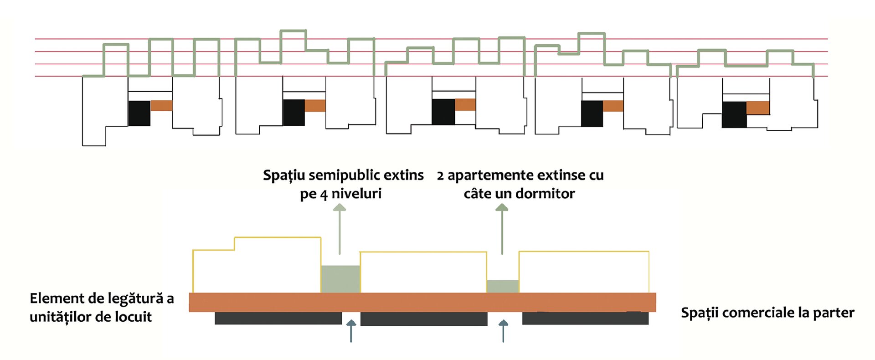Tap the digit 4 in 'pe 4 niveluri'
point(324,195)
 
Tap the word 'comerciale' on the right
point(759,313)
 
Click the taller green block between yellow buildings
point(340,279)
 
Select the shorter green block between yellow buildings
point(503,286)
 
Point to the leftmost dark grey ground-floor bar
point(278,318)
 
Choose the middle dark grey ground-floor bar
point(424,319)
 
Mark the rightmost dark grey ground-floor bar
point(585,318)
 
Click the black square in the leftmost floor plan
point(139,113)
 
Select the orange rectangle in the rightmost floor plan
point(758,108)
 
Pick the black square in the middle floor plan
point(443,112)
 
